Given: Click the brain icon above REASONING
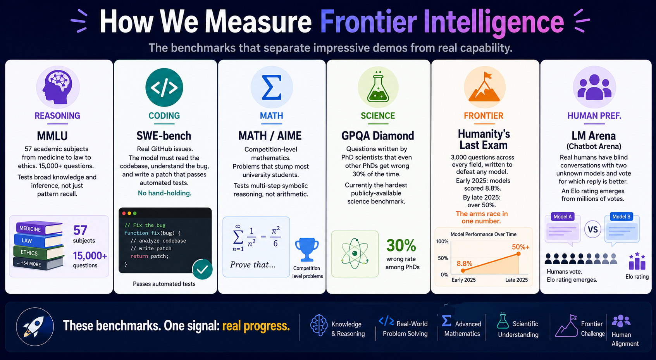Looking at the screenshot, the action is coord(58,87).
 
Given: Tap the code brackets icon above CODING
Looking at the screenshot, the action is coord(164,87).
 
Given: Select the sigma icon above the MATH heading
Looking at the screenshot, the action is coord(272,87).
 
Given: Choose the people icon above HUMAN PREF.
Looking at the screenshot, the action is coord(594,87).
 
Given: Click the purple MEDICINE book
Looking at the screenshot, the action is coord(39,228).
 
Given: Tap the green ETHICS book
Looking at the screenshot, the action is coord(38,252).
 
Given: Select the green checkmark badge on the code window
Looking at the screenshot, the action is coord(202,269).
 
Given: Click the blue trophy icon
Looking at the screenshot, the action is coord(306,250).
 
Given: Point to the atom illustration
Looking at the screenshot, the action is coord(355,254).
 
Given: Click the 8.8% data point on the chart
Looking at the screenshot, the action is coord(463,270).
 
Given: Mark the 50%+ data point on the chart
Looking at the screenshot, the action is coord(518,254).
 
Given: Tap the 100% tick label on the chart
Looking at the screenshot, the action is coord(442,242).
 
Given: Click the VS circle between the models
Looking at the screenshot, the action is coord(593,229).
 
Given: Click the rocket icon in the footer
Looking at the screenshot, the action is coord(35,327).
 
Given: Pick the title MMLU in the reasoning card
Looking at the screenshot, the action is coord(52,136).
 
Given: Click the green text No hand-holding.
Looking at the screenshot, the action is coord(165,193).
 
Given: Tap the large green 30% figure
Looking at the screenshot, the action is coord(401,245).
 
